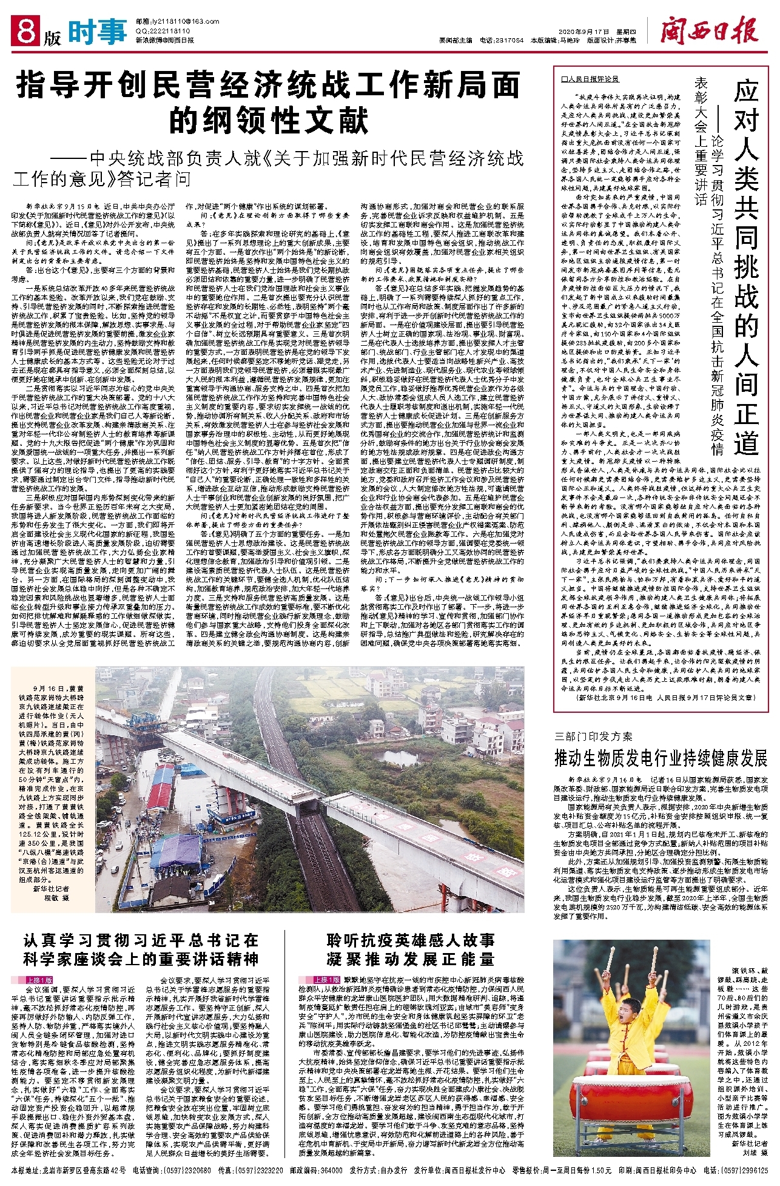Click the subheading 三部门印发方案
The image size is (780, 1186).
point(593,736)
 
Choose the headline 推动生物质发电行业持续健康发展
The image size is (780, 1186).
point(661,758)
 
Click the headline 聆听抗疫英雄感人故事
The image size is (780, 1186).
point(411,940)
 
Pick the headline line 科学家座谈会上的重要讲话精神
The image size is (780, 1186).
point(141,959)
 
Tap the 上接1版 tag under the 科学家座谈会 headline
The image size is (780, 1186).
point(39,980)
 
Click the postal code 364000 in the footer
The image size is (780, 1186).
point(331,1170)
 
